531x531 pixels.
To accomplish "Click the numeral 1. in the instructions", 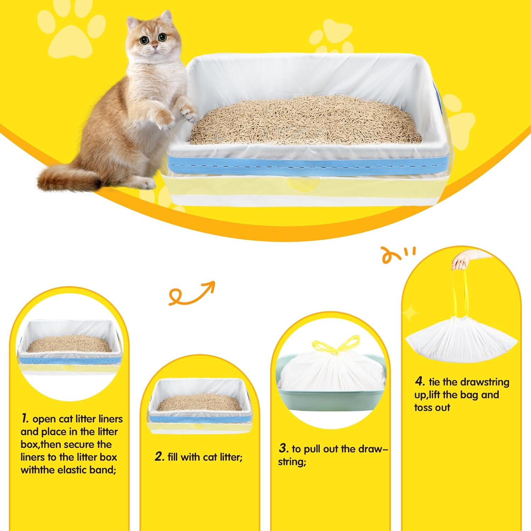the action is [25, 419].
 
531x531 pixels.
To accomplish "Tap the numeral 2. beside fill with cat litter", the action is [160, 457].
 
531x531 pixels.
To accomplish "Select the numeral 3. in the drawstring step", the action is [284, 449].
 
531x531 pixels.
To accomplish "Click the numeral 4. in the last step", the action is [420, 382].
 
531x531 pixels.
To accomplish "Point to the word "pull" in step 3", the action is [310, 449].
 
